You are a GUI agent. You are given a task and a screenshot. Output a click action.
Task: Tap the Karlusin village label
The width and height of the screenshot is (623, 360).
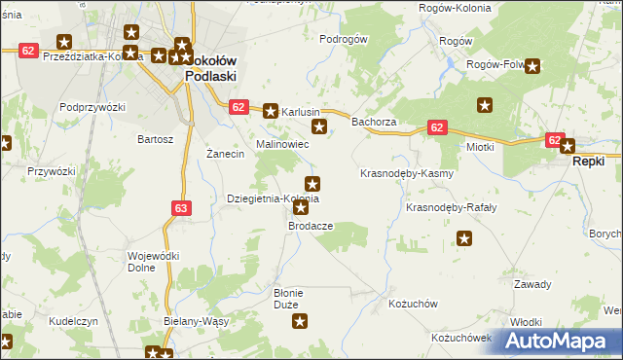[x=301, y=112]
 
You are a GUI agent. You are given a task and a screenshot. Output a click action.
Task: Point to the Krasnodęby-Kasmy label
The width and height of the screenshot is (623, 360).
[x=407, y=173]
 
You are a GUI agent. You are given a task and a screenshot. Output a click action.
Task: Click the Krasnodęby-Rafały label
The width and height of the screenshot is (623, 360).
[x=451, y=208]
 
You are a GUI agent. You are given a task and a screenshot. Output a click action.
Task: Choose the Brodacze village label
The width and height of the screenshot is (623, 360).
[x=311, y=225]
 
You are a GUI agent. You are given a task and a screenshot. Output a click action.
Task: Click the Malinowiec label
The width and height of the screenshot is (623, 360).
[x=282, y=144]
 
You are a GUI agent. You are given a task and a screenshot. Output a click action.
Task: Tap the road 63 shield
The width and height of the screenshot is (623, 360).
[x=180, y=207]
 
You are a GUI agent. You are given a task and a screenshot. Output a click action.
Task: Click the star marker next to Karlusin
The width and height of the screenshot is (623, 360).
[x=271, y=112]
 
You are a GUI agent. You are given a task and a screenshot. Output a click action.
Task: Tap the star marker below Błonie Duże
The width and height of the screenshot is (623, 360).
[x=301, y=321]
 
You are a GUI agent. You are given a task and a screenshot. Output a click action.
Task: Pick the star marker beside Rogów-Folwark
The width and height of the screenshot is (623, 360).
[x=533, y=66]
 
